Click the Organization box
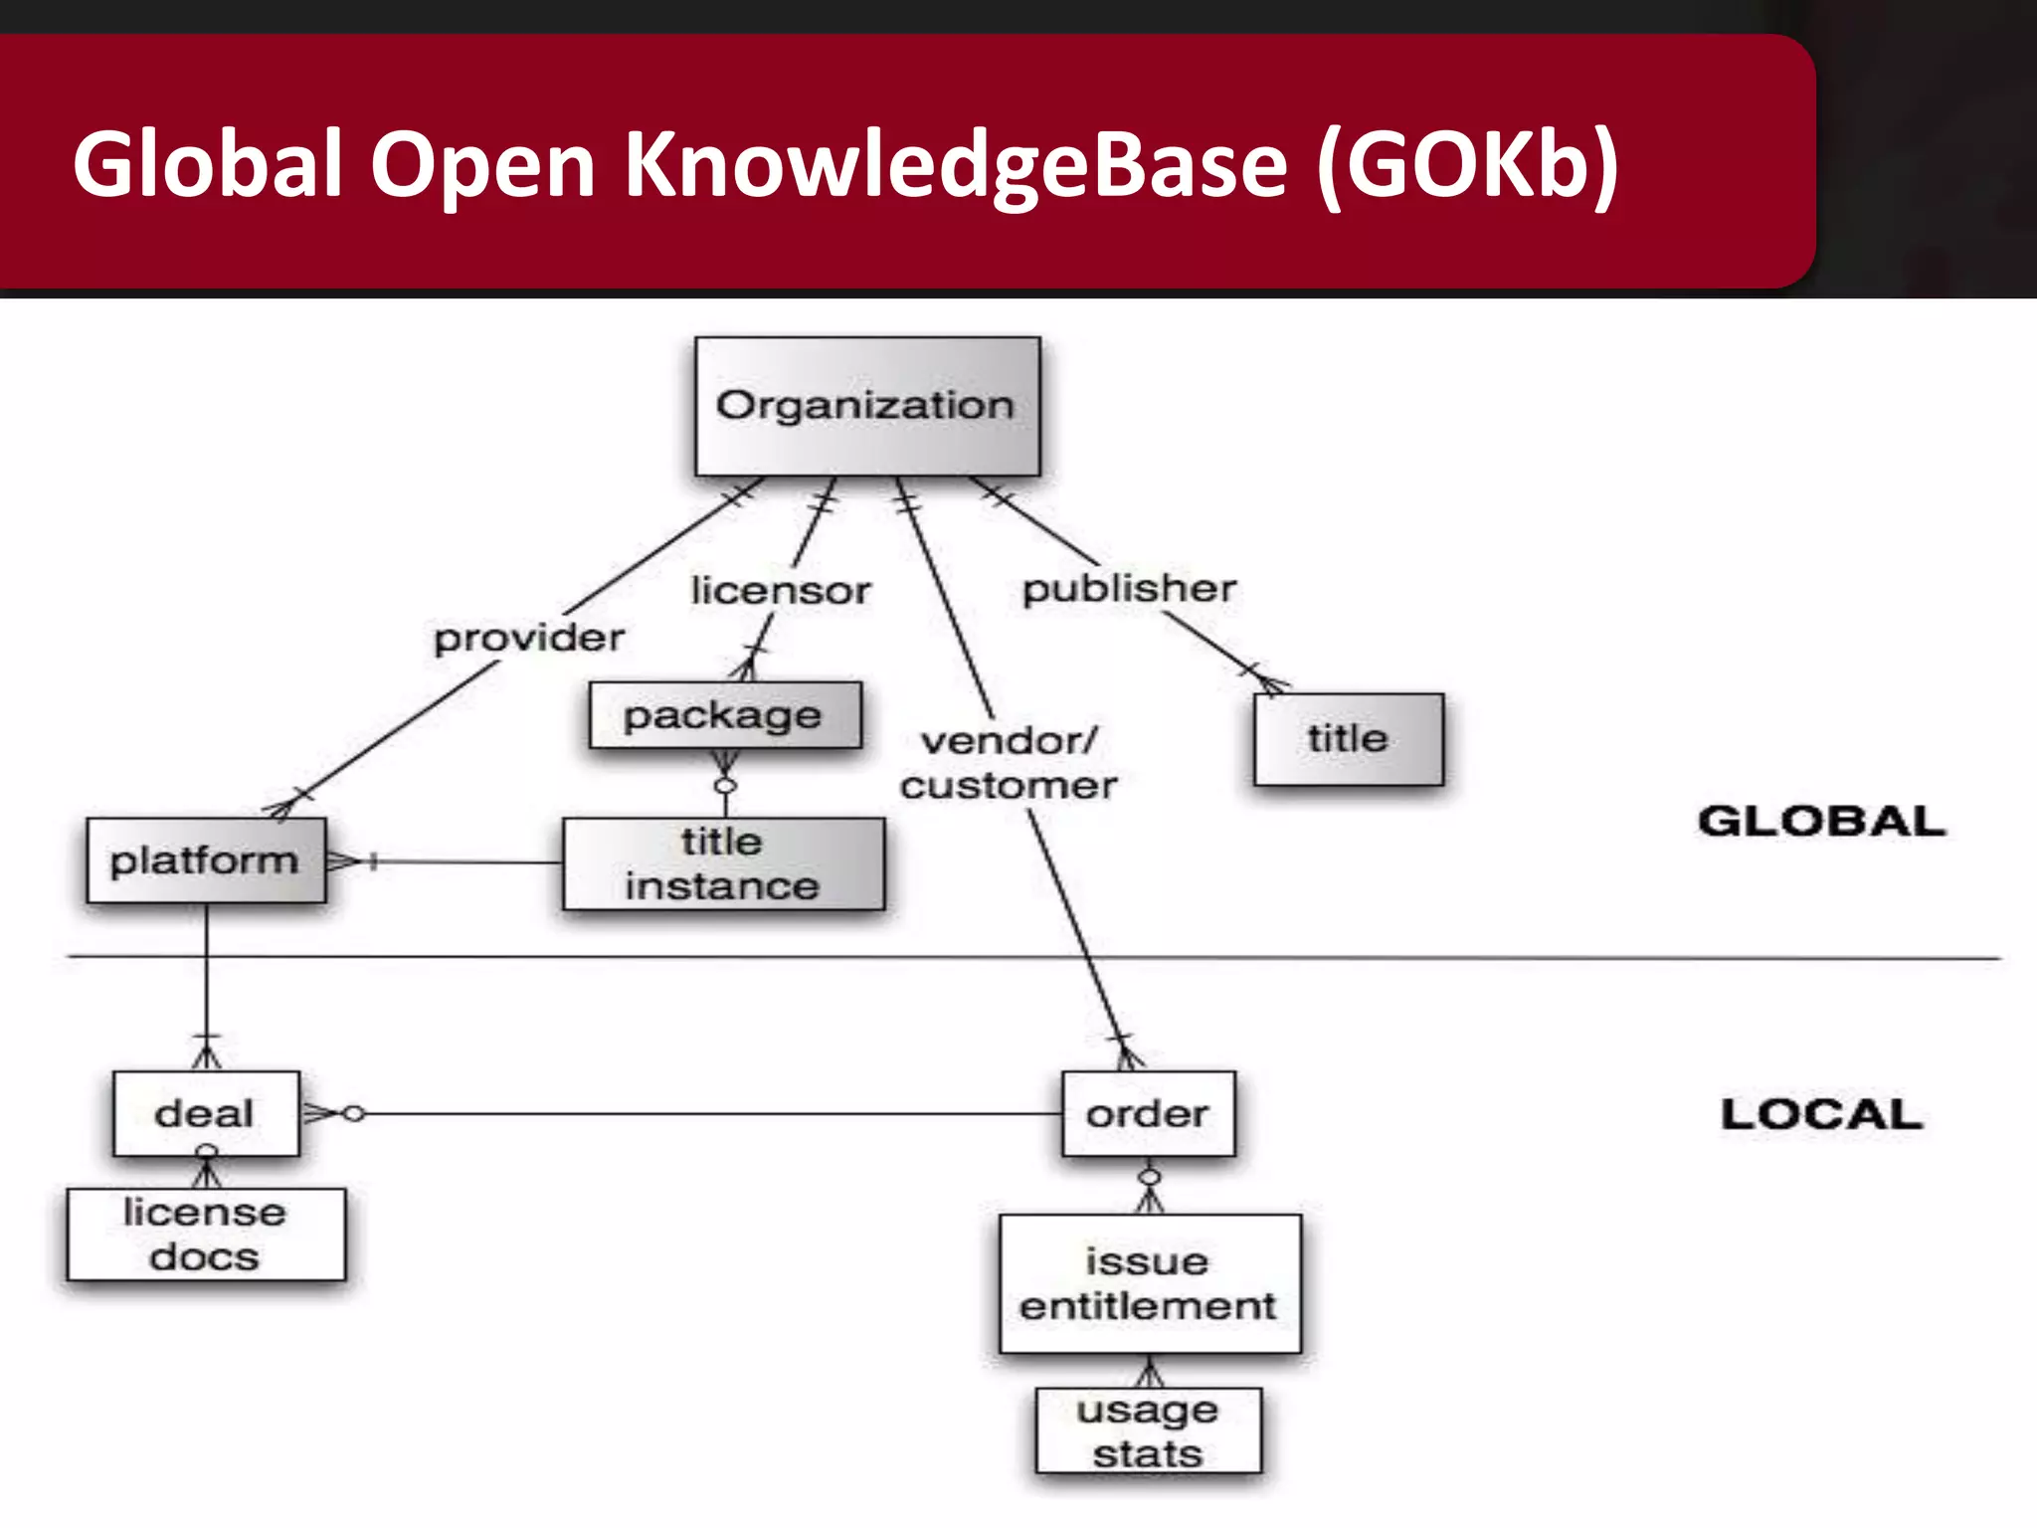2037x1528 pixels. pyautogui.click(x=866, y=406)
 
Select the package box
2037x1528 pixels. pyautogui.click(x=724, y=715)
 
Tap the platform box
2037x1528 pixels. pyautogui.click(x=206, y=860)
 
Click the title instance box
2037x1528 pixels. pyautogui.click(x=723, y=863)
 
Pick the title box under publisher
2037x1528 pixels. pyautogui.click(x=1348, y=739)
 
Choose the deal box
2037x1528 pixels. pyautogui.click(x=206, y=1113)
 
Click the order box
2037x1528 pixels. pyautogui.click(x=1148, y=1113)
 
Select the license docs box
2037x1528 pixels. pyautogui.click(x=206, y=1235)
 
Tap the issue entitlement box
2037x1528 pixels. pyautogui.click(x=1149, y=1283)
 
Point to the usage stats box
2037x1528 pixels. pyautogui.click(x=1148, y=1431)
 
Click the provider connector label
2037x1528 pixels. pyautogui.click(x=529, y=638)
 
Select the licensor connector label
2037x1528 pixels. pyautogui.click(x=781, y=591)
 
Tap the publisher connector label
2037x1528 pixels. pyautogui.click(x=1130, y=589)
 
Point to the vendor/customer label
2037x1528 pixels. pyautogui.click(x=1009, y=763)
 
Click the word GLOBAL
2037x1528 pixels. pyautogui.click(x=1821, y=822)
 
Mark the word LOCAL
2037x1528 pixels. pyautogui.click(x=1821, y=1114)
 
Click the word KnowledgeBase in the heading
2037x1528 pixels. pyautogui.click(x=955, y=164)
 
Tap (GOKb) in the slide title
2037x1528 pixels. pyautogui.click(x=1468, y=164)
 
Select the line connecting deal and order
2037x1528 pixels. pyautogui.click(x=696, y=1114)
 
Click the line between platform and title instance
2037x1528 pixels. pyautogui.click(x=467, y=861)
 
